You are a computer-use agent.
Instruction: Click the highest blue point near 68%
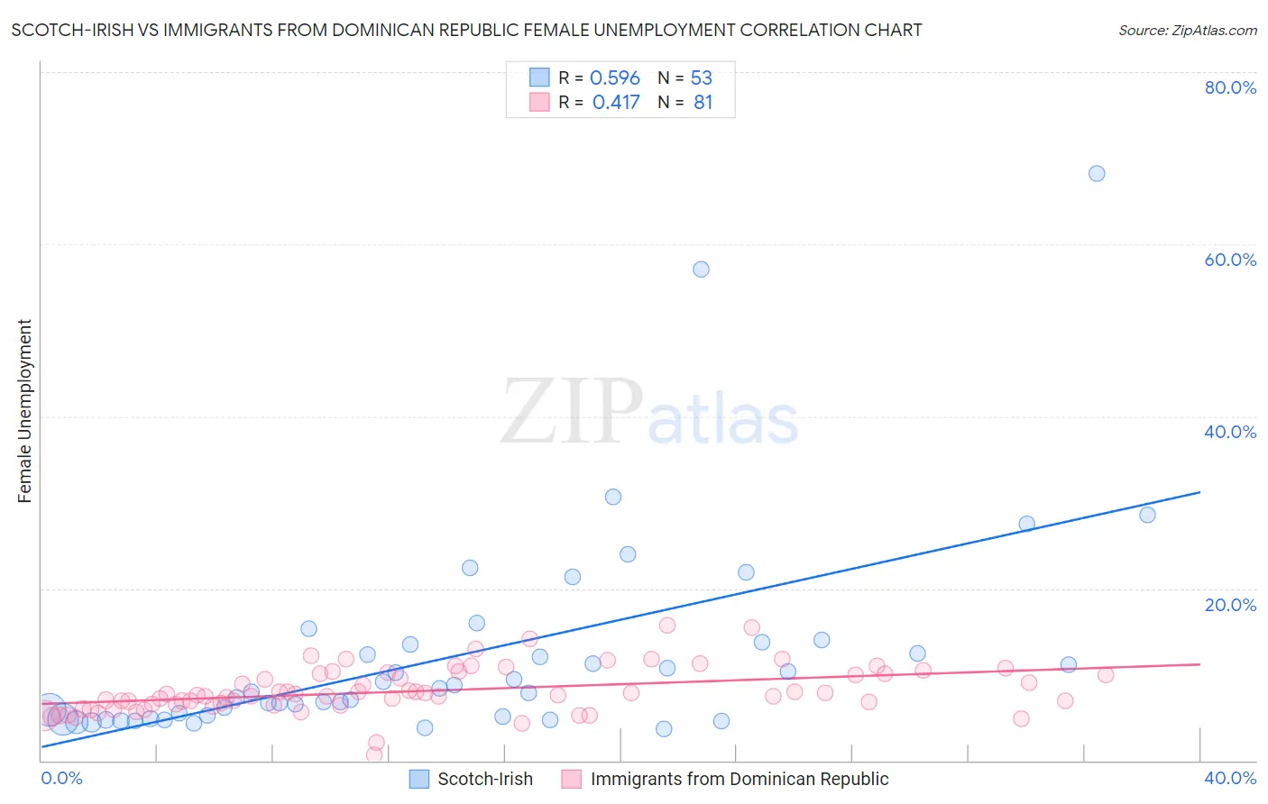pyautogui.click(x=1096, y=173)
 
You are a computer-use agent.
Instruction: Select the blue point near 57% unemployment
pyautogui.click(x=701, y=270)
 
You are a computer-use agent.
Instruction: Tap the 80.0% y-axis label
pyautogui.click(x=1230, y=87)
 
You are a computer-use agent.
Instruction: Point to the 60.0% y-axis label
pyautogui.click(x=1230, y=260)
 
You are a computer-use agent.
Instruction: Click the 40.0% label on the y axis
pyautogui.click(x=1230, y=432)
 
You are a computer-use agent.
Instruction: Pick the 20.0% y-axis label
pyautogui.click(x=1230, y=605)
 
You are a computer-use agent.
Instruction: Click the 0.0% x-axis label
pyautogui.click(x=62, y=778)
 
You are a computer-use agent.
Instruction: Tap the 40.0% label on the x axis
pyautogui.click(x=1230, y=778)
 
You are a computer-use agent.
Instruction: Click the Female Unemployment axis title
pyautogui.click(x=24, y=411)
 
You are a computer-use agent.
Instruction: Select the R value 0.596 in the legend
pyautogui.click(x=614, y=78)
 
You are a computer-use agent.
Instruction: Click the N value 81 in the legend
pyautogui.click(x=703, y=103)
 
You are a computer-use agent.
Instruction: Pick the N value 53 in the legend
pyautogui.click(x=701, y=78)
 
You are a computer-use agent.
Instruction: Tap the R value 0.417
pyautogui.click(x=616, y=103)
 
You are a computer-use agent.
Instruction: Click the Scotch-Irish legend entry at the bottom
pyautogui.click(x=484, y=779)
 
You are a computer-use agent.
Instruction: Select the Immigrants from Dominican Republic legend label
pyautogui.click(x=739, y=779)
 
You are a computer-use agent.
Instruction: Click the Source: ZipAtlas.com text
pyautogui.click(x=1187, y=31)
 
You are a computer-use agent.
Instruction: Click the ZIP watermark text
pyautogui.click(x=572, y=412)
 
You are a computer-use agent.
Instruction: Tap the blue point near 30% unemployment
pyautogui.click(x=613, y=497)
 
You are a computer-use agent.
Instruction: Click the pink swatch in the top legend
pyautogui.click(x=539, y=102)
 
